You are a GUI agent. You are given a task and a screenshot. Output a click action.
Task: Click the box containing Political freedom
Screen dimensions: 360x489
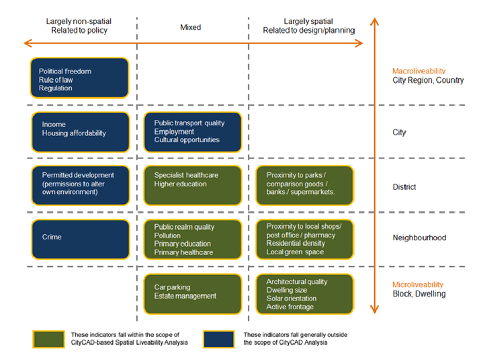[80, 78]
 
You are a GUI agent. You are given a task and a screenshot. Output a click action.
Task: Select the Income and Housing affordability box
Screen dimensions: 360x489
[80, 133]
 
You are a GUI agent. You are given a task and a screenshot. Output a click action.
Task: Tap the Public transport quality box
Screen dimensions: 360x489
[192, 133]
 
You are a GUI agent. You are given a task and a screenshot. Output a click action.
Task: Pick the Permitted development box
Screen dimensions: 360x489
[80, 185]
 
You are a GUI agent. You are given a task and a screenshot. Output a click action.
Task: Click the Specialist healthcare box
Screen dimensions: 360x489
[192, 185]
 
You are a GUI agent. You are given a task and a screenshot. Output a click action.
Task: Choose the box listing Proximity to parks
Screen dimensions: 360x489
[305, 185]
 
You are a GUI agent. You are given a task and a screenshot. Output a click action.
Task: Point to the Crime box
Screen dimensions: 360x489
[80, 239]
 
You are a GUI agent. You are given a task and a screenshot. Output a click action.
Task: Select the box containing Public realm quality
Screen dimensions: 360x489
[192, 239]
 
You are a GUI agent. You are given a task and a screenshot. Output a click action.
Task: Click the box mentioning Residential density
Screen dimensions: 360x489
[305, 239]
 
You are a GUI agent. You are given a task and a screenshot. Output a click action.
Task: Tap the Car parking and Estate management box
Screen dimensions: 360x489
[192, 293]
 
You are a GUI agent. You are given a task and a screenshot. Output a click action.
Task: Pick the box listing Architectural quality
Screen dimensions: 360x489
[305, 293]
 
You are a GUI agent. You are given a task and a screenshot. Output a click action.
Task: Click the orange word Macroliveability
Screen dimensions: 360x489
[418, 71]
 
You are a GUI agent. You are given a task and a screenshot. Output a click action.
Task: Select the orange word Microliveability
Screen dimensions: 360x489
[417, 285]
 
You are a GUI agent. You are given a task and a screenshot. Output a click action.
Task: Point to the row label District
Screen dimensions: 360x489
[404, 187]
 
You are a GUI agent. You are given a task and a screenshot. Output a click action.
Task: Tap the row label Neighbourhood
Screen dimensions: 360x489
[419, 238]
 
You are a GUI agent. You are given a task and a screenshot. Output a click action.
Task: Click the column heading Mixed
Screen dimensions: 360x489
[191, 27]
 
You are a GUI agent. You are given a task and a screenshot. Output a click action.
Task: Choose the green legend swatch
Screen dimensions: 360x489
[49, 339]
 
